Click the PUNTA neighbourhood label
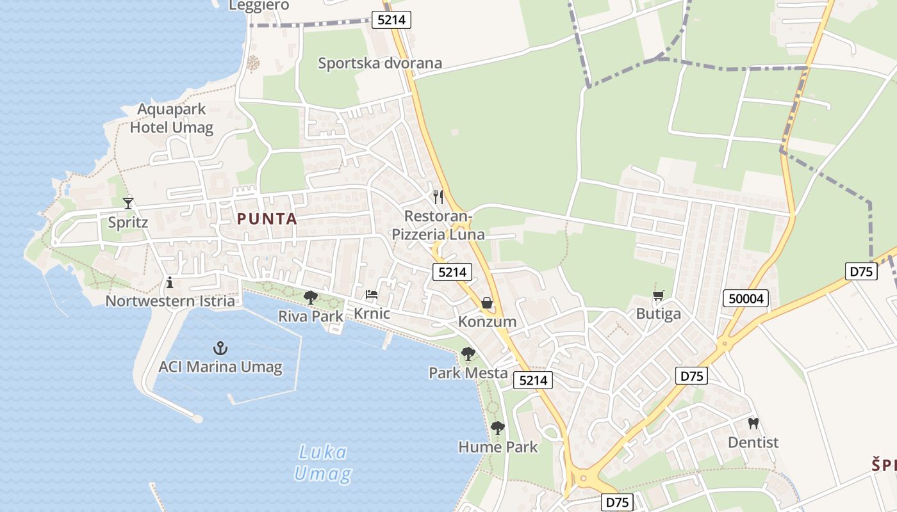[x=267, y=219]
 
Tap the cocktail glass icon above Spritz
[x=128, y=204]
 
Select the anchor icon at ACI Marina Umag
[x=220, y=349]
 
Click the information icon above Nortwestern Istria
[x=170, y=282]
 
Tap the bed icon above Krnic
[x=372, y=294]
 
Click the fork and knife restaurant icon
[x=438, y=196]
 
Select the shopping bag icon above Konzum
[x=487, y=303]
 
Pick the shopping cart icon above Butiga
[x=658, y=295]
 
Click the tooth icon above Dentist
[x=753, y=423]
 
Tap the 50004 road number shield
[x=746, y=298]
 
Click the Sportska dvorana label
[x=380, y=63]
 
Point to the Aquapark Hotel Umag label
[x=171, y=118]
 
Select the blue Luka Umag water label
[x=323, y=463]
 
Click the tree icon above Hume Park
[x=498, y=428]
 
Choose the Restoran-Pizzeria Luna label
[x=438, y=225]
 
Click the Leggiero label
[x=259, y=6]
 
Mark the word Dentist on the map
[x=753, y=442]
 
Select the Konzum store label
[x=487, y=321]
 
